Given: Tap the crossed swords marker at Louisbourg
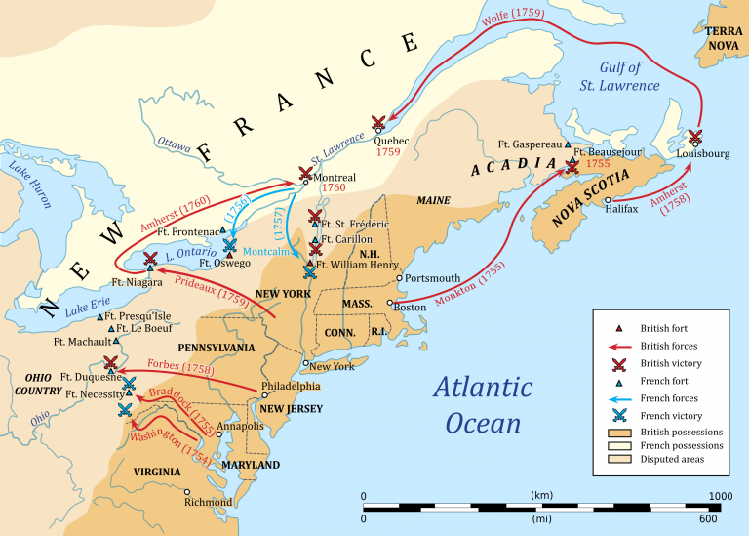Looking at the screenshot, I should [695, 137].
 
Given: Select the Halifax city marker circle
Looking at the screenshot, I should [609, 199].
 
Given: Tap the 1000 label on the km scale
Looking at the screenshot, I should [720, 496].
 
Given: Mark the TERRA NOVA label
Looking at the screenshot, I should [725, 39].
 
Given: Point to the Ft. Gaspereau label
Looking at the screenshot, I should [528, 143].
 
